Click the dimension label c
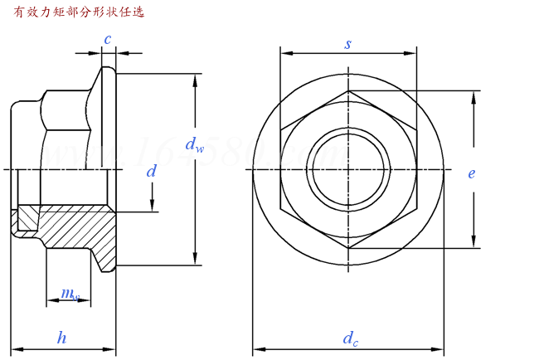(108, 39)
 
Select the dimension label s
(348, 43)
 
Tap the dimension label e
(471, 173)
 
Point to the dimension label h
(61, 337)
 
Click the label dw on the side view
(195, 146)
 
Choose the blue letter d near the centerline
(151, 172)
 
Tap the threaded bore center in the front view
(348, 170)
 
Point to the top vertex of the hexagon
(348, 90)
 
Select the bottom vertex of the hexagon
(348, 249)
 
